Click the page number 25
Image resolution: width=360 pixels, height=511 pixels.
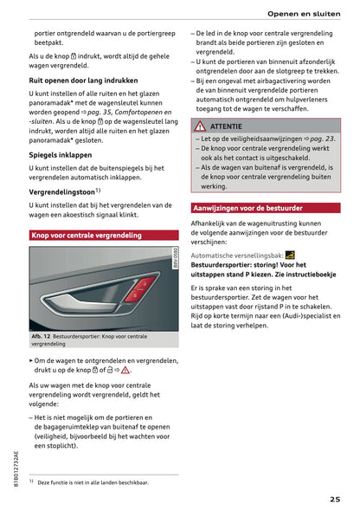point(334,498)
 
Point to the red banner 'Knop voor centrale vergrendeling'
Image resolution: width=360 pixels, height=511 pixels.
point(87,235)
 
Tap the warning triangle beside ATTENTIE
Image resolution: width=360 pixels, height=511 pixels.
point(202,126)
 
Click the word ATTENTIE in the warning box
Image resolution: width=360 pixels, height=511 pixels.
point(227,126)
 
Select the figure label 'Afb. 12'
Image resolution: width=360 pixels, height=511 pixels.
point(42,335)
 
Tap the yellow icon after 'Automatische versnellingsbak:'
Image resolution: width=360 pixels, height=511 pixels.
point(290,255)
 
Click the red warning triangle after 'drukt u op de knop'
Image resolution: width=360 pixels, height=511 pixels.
point(125,370)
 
